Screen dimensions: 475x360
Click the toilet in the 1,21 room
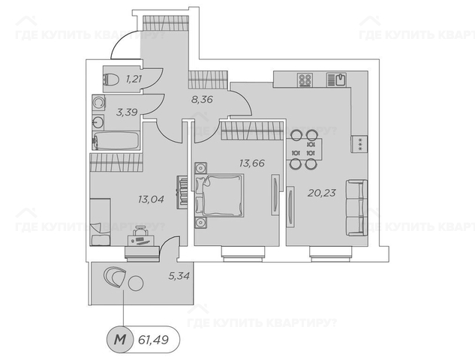pyautogui.click(x=111, y=80)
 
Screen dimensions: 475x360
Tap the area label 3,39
pyautogui.click(x=127, y=112)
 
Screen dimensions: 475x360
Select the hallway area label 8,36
pyautogui.click(x=202, y=99)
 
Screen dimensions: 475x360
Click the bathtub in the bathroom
pyautogui.click(x=116, y=140)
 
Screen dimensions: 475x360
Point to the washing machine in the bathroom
pyautogui.click(x=99, y=103)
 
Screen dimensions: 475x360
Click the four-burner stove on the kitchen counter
pyautogui.click(x=305, y=79)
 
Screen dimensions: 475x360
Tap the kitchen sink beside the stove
pyautogui.click(x=337, y=79)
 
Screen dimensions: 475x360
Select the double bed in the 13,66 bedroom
pyautogui.click(x=220, y=195)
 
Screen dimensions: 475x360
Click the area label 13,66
pyautogui.click(x=251, y=163)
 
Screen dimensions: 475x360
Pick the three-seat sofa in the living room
pyautogui.click(x=357, y=208)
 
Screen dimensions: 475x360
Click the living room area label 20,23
pyautogui.click(x=322, y=193)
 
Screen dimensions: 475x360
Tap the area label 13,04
pyautogui.click(x=151, y=199)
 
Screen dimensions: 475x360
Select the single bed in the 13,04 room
pyautogui.click(x=100, y=222)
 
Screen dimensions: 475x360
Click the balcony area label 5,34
pyautogui.click(x=179, y=276)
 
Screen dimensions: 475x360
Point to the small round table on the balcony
pyautogui.click(x=136, y=283)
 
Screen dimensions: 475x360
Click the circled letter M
pyautogui.click(x=119, y=340)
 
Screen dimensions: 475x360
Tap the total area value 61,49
pyautogui.click(x=153, y=340)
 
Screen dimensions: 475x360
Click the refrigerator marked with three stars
pyautogui.click(x=359, y=144)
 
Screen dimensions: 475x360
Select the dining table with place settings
pyautogui.click(x=304, y=148)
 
